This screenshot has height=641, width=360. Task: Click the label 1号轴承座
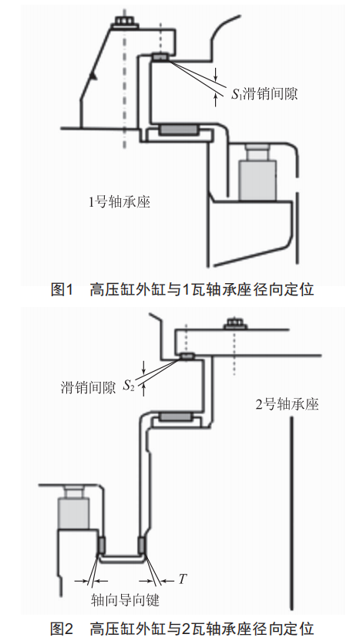119,201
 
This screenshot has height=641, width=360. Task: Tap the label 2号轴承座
288,404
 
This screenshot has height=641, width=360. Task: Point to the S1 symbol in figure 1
237,94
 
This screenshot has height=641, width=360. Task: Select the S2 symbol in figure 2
129,386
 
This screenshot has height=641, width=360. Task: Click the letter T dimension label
182,579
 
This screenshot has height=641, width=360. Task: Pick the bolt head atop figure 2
235,323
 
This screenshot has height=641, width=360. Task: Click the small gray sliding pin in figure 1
160,57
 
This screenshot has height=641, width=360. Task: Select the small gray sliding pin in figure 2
188,357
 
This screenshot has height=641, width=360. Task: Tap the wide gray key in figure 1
179,130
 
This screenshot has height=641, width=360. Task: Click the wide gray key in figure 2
175,417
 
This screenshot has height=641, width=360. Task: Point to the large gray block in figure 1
257,180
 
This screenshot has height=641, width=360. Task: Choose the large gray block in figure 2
73,513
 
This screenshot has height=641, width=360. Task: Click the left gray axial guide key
102,545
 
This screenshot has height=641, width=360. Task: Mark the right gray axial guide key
141,545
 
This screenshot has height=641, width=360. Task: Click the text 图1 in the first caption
62,290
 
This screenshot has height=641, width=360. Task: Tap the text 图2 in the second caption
62,628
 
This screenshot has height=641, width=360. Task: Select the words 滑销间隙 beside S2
88,386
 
